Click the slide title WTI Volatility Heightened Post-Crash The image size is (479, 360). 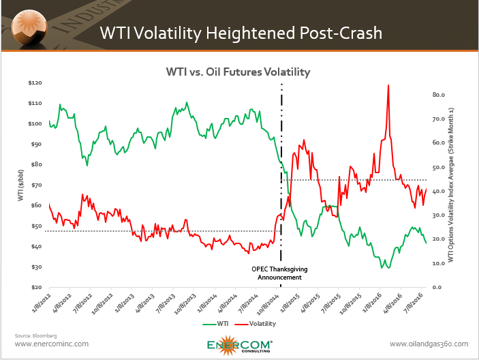[x=241, y=32]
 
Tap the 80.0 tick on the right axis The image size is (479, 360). [x=439, y=95]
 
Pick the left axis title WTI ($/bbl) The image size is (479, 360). [x=22, y=185]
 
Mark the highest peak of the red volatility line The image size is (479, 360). [x=388, y=85]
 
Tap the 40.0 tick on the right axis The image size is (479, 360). [x=439, y=191]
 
